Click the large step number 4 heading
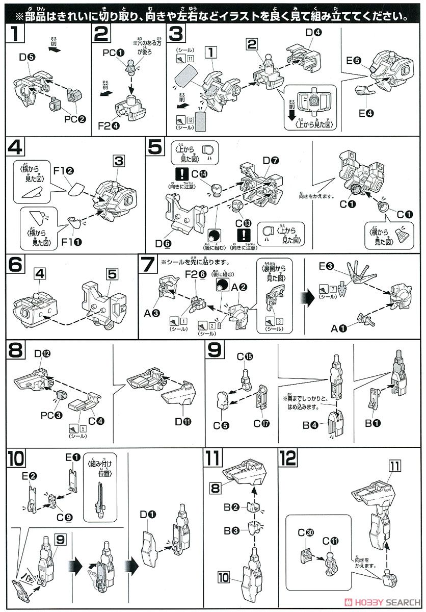(x=15, y=148)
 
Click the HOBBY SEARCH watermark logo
(x=382, y=601)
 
